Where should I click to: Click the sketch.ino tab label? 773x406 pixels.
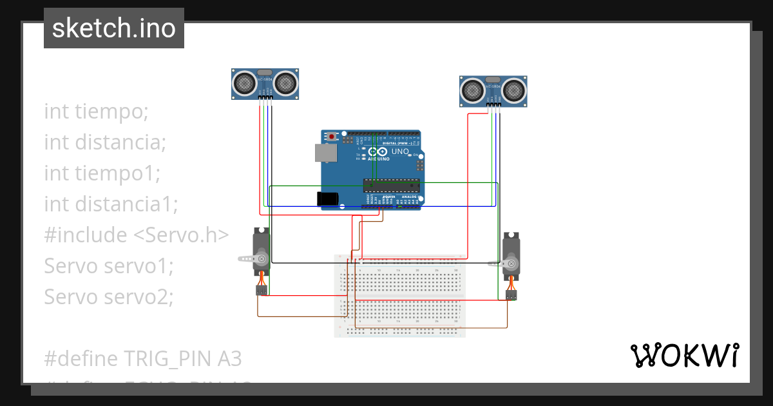pyautogui.click(x=114, y=28)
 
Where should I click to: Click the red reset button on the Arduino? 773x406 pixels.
pyautogui.click(x=332, y=137)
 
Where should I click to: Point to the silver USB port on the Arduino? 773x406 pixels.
pyautogui.click(x=324, y=153)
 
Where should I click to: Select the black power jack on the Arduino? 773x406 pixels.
pyautogui.click(x=328, y=198)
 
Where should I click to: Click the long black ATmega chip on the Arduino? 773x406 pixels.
pyautogui.click(x=391, y=186)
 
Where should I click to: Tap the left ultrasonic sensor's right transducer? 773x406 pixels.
pyautogui.click(x=286, y=82)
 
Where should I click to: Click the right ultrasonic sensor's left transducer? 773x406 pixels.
pyautogui.click(x=473, y=90)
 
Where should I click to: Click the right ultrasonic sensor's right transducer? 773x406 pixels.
pyautogui.click(x=514, y=90)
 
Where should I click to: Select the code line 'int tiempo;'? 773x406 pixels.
pyautogui.click(x=97, y=111)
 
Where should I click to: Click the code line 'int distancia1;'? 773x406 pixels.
pyautogui.click(x=111, y=204)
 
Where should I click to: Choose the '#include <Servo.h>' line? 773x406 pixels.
pyautogui.click(x=137, y=235)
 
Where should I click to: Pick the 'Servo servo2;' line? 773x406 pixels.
pyautogui.click(x=109, y=297)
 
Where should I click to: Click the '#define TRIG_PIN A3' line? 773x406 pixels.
pyautogui.click(x=143, y=358)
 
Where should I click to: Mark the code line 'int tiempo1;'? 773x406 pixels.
pyautogui.click(x=102, y=173)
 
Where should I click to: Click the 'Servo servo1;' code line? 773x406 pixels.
pyautogui.click(x=108, y=266)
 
